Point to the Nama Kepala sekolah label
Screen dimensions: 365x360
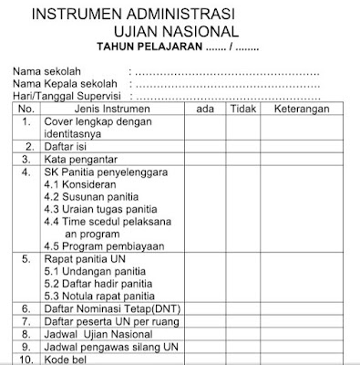click(66, 83)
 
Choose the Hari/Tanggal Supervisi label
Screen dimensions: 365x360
click(66, 94)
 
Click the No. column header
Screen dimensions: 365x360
click(26, 107)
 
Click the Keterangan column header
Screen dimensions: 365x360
click(307, 107)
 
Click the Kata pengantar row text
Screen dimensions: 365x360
click(84, 159)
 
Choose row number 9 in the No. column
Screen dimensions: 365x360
click(26, 348)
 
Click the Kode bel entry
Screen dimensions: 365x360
click(68, 360)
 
